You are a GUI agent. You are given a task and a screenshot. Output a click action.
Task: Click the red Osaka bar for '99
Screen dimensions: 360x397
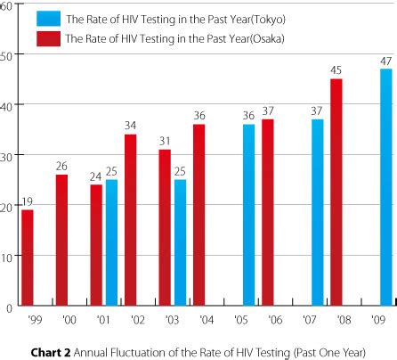coord(27,258)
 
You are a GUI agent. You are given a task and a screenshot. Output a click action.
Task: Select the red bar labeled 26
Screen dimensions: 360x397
coord(61,241)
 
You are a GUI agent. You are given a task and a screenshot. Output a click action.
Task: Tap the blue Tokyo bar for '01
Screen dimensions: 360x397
coord(111,242)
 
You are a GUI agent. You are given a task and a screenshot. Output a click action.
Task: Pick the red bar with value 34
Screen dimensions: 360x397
coord(130,220)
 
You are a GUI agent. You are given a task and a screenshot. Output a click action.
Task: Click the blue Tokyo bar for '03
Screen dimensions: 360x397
coord(180,242)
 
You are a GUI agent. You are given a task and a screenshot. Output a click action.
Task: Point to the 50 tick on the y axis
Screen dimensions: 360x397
coord(8,55)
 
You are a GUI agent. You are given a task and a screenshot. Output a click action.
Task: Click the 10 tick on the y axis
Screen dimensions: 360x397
coord(8,257)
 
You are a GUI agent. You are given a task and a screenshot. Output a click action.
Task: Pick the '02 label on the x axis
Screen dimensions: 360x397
coord(137,319)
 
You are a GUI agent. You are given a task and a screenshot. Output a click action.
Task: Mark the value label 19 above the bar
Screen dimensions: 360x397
coord(27,202)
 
